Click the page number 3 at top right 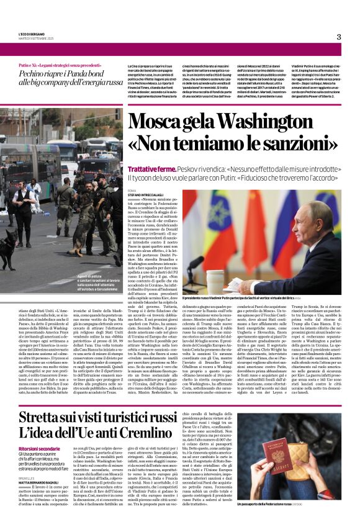(x=338, y=37)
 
